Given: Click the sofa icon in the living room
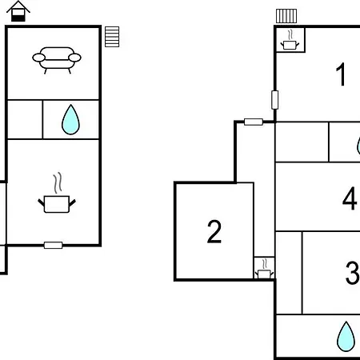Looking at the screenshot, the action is click(x=57, y=60).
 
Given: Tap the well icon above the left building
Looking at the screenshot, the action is click(x=18, y=11).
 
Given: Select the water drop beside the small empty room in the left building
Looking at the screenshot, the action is click(x=70, y=119).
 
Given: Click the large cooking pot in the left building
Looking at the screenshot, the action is click(x=57, y=204).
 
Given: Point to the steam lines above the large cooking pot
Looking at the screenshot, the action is click(x=58, y=183).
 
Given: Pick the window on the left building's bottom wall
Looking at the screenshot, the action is click(x=53, y=245).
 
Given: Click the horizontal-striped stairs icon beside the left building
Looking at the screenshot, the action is click(x=112, y=37).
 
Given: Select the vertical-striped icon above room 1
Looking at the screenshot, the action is click(x=286, y=16).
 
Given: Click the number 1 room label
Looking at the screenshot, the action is click(x=341, y=74).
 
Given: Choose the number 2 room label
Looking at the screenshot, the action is click(x=214, y=231).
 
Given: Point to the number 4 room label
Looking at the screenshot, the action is click(x=350, y=198).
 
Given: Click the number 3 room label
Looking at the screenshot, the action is click(x=353, y=273).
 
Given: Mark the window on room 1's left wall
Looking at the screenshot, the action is click(x=275, y=100).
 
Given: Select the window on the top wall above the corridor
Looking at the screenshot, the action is click(x=254, y=122).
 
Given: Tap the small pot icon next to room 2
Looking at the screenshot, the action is click(x=264, y=269).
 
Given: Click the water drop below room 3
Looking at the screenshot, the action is click(x=346, y=336).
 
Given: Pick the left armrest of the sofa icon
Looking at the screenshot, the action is click(x=39, y=58).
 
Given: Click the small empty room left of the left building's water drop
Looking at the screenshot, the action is click(x=25, y=119).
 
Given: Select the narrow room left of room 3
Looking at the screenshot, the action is click(x=289, y=273).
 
